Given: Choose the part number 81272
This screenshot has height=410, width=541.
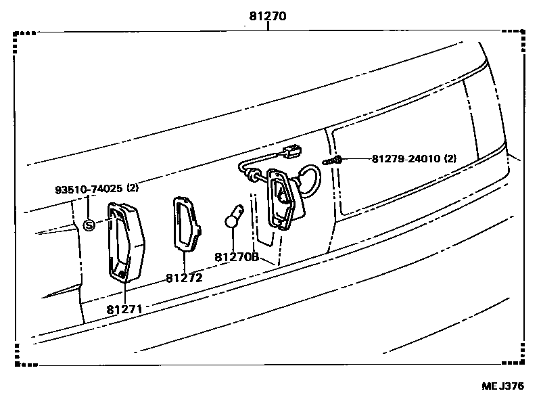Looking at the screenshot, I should [x=184, y=277].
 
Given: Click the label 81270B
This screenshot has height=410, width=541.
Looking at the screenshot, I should [x=237, y=257].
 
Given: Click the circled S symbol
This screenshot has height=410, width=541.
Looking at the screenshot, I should [x=89, y=225].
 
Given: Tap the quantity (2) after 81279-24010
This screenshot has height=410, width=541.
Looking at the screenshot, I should [x=450, y=159].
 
